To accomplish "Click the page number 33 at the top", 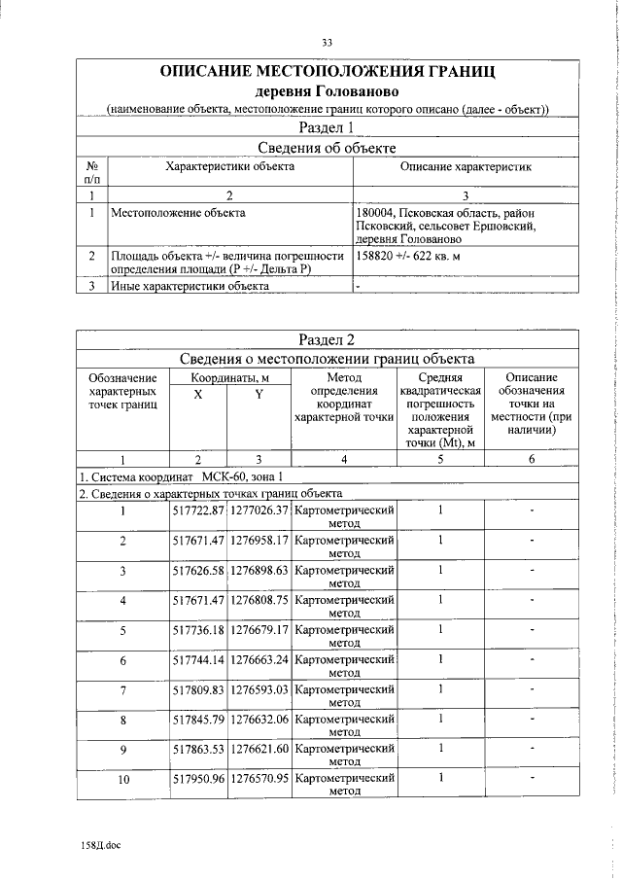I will (x=328, y=42).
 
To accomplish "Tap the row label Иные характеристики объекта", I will (x=190, y=286).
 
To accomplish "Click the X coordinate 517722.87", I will (x=198, y=510).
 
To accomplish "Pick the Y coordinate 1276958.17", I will (x=259, y=540).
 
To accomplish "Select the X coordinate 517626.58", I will (x=198, y=570).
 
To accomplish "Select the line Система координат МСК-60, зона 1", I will (x=182, y=476).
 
